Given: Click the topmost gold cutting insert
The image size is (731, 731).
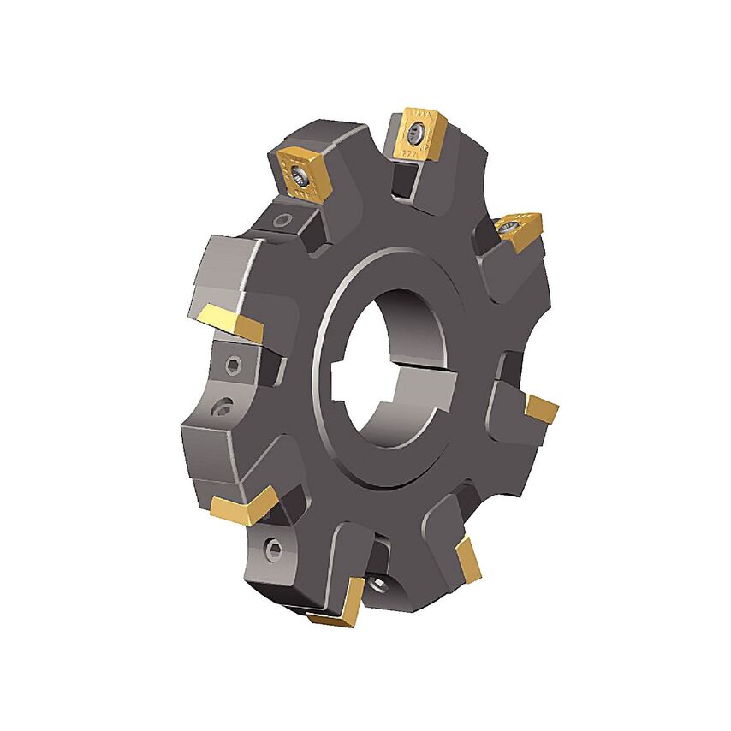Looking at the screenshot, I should [x=417, y=134].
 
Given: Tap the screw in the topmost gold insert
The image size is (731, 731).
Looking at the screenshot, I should [x=416, y=133].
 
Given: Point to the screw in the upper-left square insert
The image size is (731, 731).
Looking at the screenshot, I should [x=300, y=176].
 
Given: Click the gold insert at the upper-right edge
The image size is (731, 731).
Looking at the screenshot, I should [x=517, y=229].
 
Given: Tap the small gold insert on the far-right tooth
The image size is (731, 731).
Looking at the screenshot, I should [x=542, y=408].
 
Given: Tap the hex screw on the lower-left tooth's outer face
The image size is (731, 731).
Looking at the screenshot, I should [x=271, y=549].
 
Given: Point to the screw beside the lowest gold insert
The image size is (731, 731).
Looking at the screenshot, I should [x=379, y=585].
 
